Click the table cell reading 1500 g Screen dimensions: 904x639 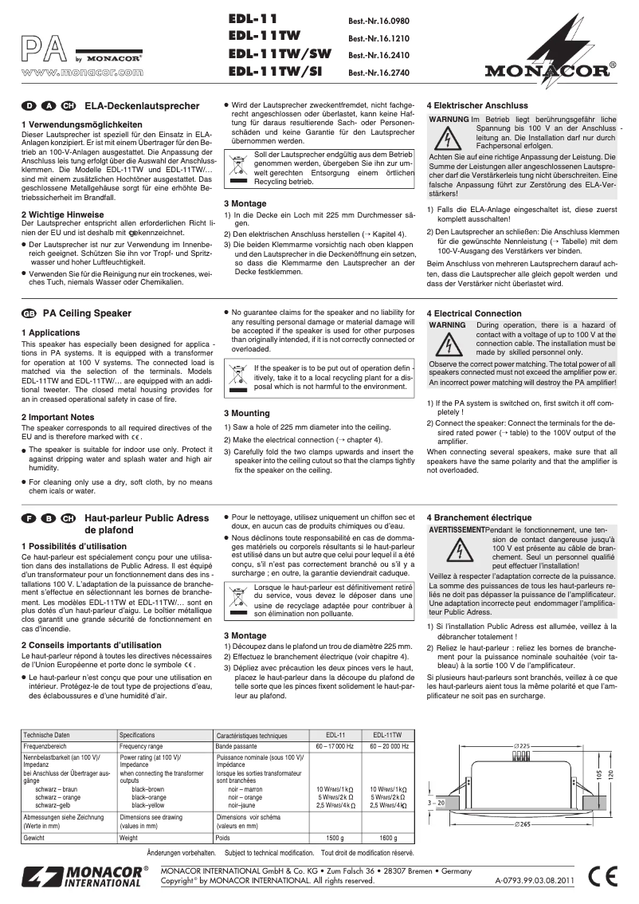pyautogui.click(x=335, y=839)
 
